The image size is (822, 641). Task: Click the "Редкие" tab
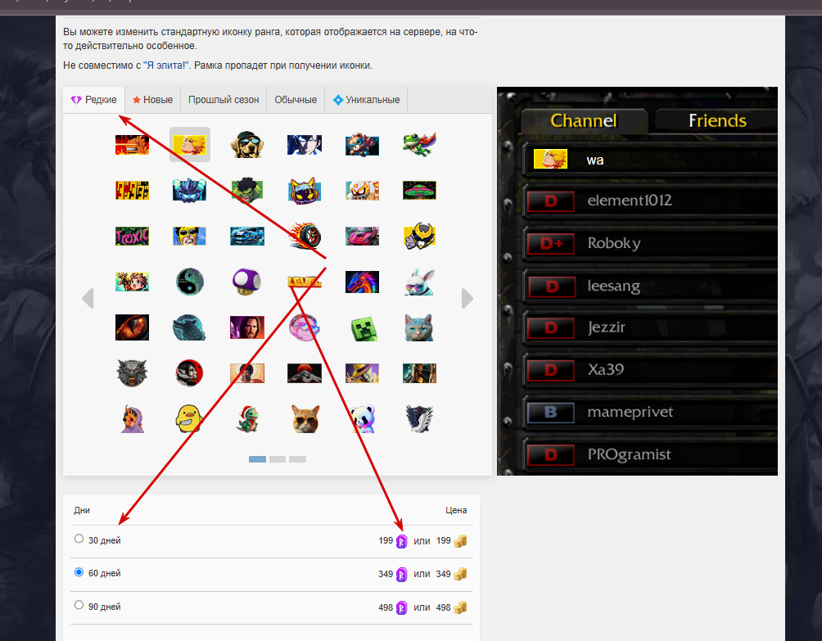pos(93,100)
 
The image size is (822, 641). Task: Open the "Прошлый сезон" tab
pos(224,100)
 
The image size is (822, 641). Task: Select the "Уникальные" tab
pos(366,100)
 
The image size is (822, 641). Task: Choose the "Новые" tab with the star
pos(152,100)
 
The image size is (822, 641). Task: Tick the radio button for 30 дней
pos(79,539)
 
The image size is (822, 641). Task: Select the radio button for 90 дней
pos(79,606)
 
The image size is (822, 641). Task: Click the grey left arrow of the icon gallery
pos(88,299)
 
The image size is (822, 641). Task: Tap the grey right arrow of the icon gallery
pos(467,299)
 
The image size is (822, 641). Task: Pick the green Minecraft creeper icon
pos(362,328)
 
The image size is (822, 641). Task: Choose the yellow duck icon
pos(189,419)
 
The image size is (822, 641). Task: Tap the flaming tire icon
pos(305,237)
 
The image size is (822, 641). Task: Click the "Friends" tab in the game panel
pos(717,121)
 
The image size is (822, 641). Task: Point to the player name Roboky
pos(614,243)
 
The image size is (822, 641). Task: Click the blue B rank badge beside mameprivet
pos(550,412)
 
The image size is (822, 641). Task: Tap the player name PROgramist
pos(629,454)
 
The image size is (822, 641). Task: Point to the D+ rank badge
pos(550,243)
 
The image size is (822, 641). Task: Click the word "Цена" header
pos(456,510)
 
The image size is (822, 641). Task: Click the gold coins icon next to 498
pos(461,607)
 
